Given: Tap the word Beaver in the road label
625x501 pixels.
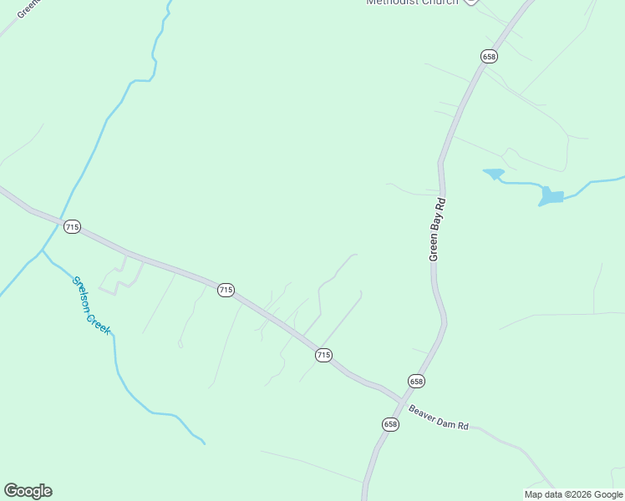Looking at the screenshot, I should click(x=423, y=414).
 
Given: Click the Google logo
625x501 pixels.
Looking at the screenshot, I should click(x=28, y=491).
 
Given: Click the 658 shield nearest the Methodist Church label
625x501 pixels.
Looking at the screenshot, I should click(x=489, y=56).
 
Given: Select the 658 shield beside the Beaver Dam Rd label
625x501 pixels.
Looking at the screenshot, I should click(x=390, y=424).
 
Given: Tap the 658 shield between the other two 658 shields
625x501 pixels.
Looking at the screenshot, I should click(x=416, y=381).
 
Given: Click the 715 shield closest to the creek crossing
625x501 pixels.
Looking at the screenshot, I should click(x=72, y=227).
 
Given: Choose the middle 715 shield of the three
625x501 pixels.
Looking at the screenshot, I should click(x=226, y=290).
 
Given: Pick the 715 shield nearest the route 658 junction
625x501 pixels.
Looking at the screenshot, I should click(x=324, y=355).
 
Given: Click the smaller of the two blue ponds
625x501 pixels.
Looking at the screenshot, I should click(x=494, y=175).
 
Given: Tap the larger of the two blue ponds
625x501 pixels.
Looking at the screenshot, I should click(x=551, y=196).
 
